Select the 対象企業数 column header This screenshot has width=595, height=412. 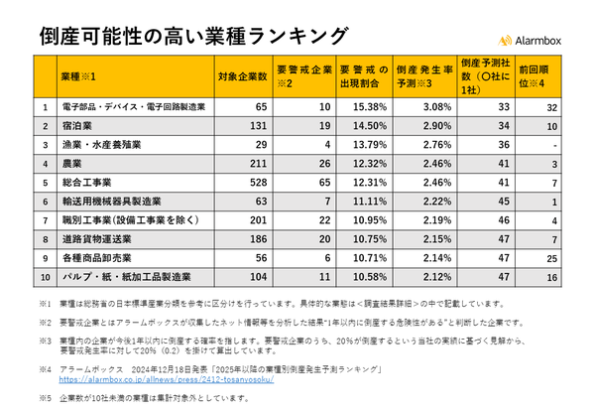243,75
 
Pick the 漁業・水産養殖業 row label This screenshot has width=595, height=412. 100,145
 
